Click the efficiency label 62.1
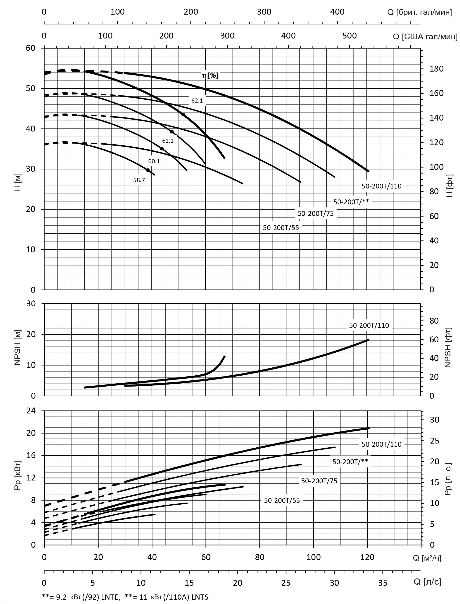(197, 101)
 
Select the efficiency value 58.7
(139, 180)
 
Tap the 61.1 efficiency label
(168, 141)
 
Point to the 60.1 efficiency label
(154, 161)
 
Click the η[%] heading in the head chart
(210, 75)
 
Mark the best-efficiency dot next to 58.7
(148, 170)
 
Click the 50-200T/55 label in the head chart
(281, 228)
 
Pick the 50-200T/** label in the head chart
(351, 202)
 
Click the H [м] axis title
(18, 183)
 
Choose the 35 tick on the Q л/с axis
(382, 583)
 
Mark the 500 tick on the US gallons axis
(350, 36)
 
